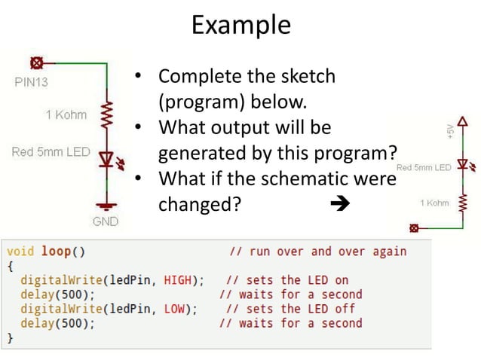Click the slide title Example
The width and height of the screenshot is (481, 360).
(x=240, y=25)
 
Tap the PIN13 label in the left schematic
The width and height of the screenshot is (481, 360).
(x=32, y=81)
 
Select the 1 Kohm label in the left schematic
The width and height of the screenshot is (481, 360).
(x=66, y=115)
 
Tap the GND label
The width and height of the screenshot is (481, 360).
(x=106, y=221)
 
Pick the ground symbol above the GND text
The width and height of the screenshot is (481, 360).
(x=106, y=203)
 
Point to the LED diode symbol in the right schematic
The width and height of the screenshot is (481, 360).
(x=463, y=165)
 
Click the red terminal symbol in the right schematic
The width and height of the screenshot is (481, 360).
(x=414, y=227)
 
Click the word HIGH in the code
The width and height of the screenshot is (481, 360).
(x=182, y=280)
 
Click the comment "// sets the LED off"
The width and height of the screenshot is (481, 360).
(x=290, y=309)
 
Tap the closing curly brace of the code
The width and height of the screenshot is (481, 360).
(x=10, y=338)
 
